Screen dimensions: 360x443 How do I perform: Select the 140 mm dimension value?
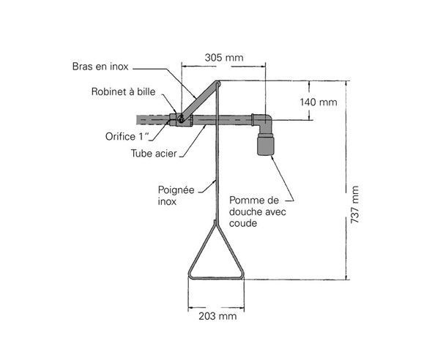point(319,102)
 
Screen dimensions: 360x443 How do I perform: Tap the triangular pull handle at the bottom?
point(217,256)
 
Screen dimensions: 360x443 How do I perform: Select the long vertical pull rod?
point(216,168)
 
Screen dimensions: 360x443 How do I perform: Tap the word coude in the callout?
point(243,223)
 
